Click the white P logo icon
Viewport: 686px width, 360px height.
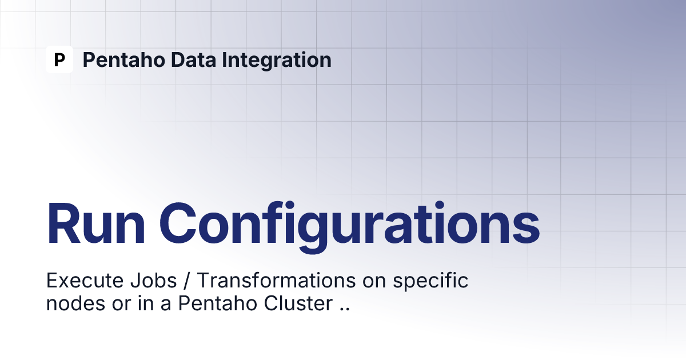[x=59, y=59]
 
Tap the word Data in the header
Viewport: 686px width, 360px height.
[x=194, y=59]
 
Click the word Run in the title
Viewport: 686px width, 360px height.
[x=95, y=223]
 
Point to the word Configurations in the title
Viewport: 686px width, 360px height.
[x=349, y=226]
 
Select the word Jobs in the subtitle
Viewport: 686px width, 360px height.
[x=153, y=280]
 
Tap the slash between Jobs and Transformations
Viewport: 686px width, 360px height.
[x=187, y=281]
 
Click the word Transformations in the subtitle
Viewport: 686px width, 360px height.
[x=276, y=280]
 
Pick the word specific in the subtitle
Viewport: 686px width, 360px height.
[x=430, y=281]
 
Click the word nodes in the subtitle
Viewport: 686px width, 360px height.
[x=75, y=303]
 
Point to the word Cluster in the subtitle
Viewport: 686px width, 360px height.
[x=298, y=303]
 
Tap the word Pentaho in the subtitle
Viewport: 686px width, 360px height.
[x=217, y=303]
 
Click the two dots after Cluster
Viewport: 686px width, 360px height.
[x=345, y=309]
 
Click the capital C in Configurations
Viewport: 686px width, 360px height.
[x=178, y=223]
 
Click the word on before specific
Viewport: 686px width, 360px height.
[x=374, y=282]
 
